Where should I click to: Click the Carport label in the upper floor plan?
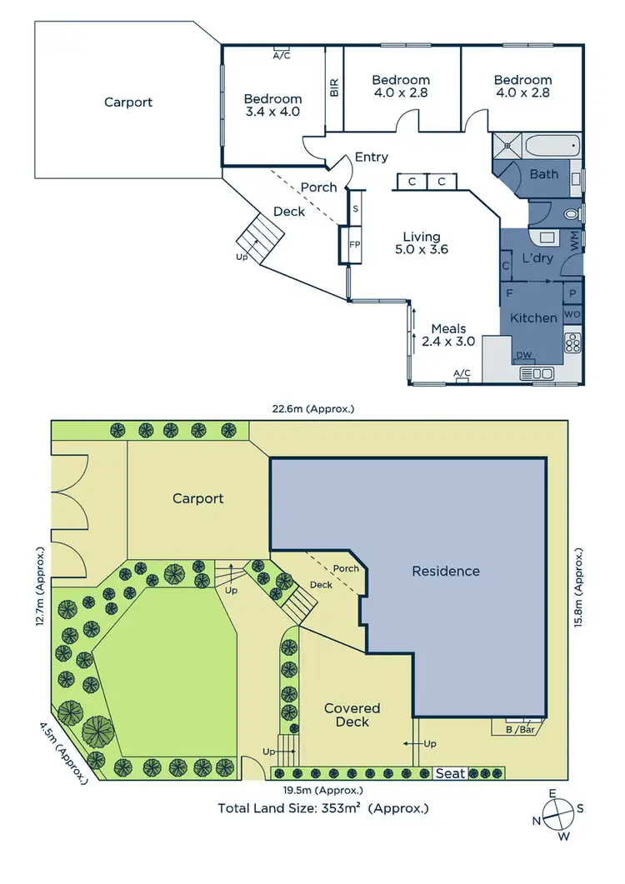tap(128, 102)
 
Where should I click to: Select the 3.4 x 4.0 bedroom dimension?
tap(272, 111)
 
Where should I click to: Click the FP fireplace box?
tap(354, 245)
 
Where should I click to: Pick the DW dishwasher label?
tap(524, 355)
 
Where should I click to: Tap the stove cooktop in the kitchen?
tap(573, 342)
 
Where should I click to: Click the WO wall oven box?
tap(572, 314)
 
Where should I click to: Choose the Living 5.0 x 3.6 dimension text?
tap(422, 249)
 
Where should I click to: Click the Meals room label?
tap(448, 328)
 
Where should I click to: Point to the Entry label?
tap(371, 157)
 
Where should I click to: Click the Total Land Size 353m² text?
tap(322, 808)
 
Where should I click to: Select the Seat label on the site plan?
tap(451, 774)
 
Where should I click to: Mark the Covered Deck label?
tap(352, 715)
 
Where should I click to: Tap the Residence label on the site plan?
tap(446, 572)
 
